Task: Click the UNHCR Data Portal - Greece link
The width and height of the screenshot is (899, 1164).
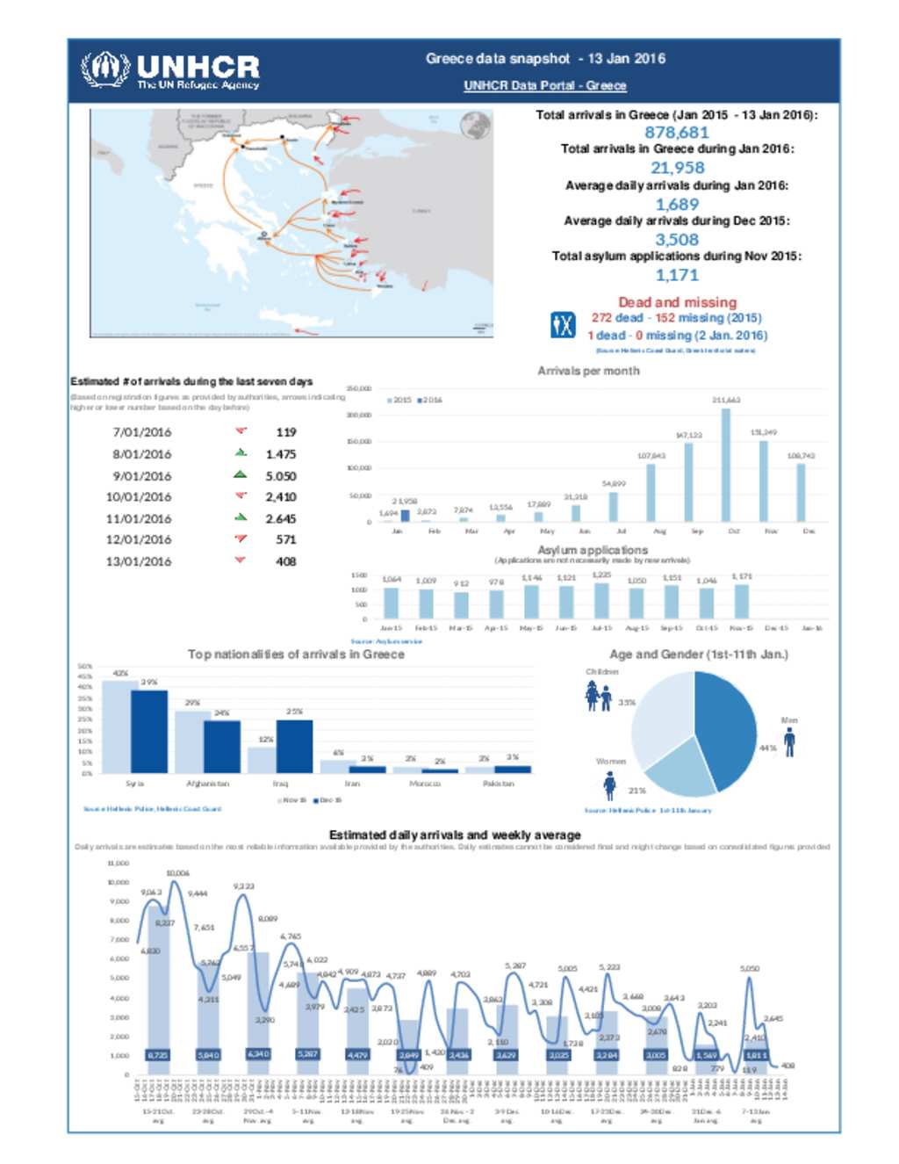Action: (544, 85)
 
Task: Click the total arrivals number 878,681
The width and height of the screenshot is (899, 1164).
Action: (676, 133)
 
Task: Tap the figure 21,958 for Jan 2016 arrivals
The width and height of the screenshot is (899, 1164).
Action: (677, 168)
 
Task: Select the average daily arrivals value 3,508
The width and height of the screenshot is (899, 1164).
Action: (677, 240)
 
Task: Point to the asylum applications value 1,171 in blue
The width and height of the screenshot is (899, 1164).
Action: (677, 275)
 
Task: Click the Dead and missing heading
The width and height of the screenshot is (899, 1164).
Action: (677, 302)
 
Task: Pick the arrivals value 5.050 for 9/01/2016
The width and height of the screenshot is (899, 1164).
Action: (281, 476)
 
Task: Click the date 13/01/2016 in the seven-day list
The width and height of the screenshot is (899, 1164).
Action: (139, 561)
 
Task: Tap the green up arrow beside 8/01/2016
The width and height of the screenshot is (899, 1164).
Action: (241, 452)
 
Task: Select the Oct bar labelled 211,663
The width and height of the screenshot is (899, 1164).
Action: (725, 466)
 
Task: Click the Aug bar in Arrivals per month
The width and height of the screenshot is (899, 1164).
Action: (651, 492)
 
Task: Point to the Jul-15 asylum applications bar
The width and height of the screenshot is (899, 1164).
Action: (601, 601)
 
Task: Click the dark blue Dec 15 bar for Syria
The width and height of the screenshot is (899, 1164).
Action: (149, 732)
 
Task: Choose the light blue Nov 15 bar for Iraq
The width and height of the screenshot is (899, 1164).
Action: (263, 760)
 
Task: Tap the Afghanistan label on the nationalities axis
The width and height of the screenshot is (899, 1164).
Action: (207, 784)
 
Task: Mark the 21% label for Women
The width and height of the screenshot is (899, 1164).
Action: (636, 791)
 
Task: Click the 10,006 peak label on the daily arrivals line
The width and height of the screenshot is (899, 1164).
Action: (177, 873)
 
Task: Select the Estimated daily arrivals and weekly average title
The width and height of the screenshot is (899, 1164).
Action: (454, 835)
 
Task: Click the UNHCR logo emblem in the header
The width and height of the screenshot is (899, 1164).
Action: (105, 69)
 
